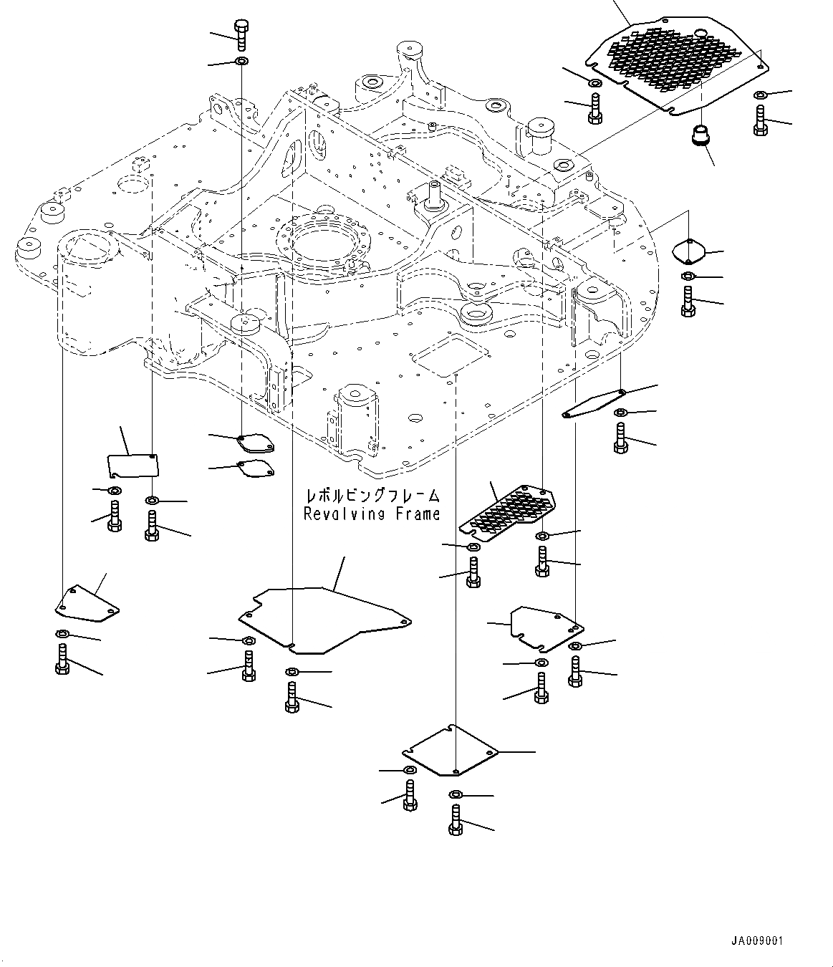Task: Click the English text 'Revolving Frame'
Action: click(x=371, y=514)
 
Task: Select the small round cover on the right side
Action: click(x=690, y=251)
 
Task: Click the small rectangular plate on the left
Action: click(x=133, y=465)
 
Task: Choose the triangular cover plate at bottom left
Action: click(x=86, y=604)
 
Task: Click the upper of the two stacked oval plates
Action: click(x=255, y=443)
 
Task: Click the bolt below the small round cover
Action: click(x=688, y=301)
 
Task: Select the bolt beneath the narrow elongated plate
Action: click(x=621, y=438)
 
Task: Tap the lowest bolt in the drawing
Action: click(x=456, y=819)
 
